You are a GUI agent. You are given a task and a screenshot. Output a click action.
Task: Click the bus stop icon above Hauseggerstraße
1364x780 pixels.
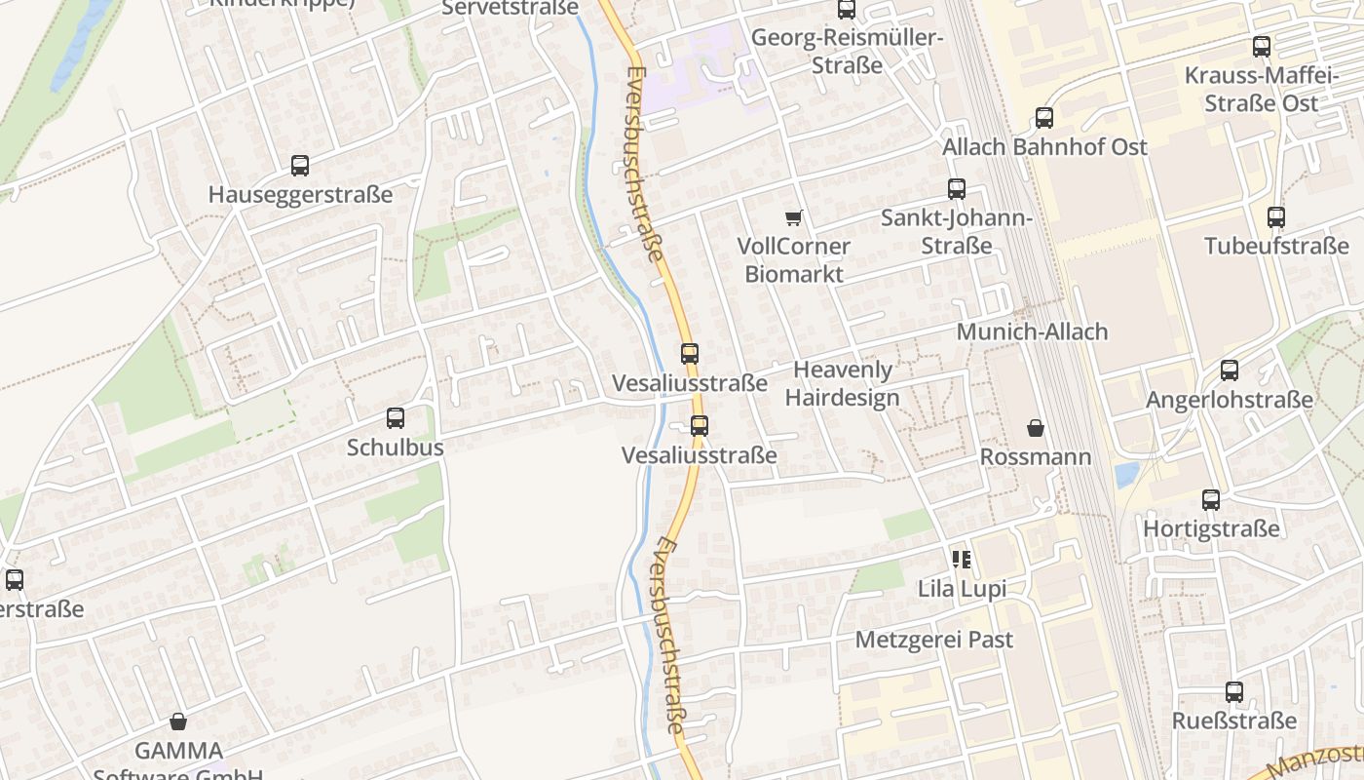pyautogui.click(x=300, y=166)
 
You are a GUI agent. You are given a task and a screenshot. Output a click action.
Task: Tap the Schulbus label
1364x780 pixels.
pyautogui.click(x=396, y=448)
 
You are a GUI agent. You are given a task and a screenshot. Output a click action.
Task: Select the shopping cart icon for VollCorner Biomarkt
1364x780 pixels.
pyautogui.click(x=794, y=217)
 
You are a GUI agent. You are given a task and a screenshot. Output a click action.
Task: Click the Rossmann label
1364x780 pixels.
pyautogui.click(x=1035, y=456)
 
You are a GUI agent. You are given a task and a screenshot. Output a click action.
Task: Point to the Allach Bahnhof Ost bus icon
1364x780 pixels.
pyautogui.click(x=1044, y=118)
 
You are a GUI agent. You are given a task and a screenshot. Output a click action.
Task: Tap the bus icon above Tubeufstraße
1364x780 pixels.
pyautogui.click(x=1276, y=217)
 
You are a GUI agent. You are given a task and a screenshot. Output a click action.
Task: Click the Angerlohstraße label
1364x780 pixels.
pyautogui.click(x=1229, y=400)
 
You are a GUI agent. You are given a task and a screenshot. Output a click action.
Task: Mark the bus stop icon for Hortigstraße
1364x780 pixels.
pyautogui.click(x=1211, y=500)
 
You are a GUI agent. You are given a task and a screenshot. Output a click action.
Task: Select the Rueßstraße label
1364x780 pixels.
pyautogui.click(x=1234, y=721)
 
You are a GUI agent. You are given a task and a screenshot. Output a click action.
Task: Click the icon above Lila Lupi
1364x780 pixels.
pyautogui.click(x=962, y=560)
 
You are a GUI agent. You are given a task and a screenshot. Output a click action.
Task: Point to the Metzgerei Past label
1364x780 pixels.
pyautogui.click(x=933, y=640)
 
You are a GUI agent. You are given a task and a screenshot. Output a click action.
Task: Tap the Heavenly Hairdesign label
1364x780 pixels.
pyautogui.click(x=843, y=383)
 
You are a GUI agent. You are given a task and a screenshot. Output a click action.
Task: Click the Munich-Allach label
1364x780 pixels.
pyautogui.click(x=1032, y=331)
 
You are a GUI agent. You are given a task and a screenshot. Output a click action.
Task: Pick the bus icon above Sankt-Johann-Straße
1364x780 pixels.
pyautogui.click(x=957, y=189)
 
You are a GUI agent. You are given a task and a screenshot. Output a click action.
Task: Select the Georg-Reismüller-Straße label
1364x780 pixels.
pyautogui.click(x=847, y=52)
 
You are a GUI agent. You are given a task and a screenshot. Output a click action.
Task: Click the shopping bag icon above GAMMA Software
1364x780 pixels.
pyautogui.click(x=178, y=721)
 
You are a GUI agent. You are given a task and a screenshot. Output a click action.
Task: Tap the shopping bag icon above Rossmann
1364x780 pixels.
pyautogui.click(x=1035, y=428)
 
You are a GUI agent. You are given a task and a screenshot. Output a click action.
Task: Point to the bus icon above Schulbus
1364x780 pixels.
pyautogui.click(x=396, y=418)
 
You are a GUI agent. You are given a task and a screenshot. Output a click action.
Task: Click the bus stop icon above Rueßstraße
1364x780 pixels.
pyautogui.click(x=1234, y=692)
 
